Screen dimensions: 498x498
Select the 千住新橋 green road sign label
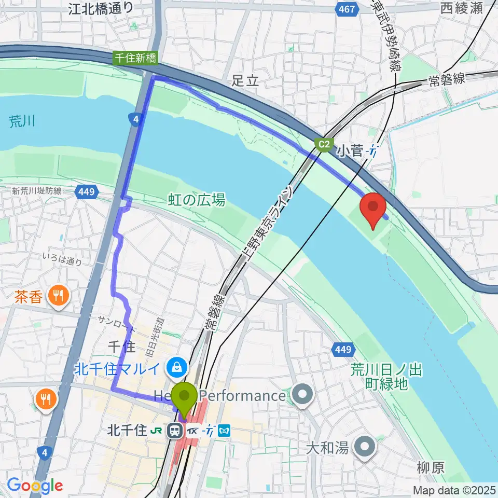[x=136, y=59]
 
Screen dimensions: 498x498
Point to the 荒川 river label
[x=22, y=122]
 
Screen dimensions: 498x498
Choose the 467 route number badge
[x=347, y=9]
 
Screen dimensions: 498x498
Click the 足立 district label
[x=245, y=80]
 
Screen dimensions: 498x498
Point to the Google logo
[x=35, y=486]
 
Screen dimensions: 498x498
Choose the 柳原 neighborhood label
[x=431, y=467]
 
